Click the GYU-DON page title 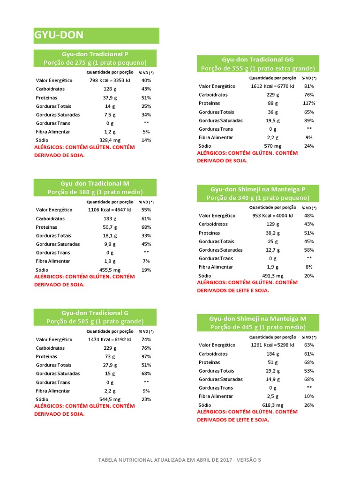tap(59, 36)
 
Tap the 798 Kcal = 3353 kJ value tap(110, 80)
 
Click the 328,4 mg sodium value tap(110, 140)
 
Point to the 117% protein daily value tap(309, 103)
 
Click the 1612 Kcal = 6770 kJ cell tap(272, 86)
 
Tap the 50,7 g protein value tap(110, 227)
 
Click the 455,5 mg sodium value tap(110, 270)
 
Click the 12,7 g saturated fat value tap(272, 250)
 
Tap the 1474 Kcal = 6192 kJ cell tap(110, 339)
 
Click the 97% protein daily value tap(146, 357)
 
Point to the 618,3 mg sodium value tap(272, 405)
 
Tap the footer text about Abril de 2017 tap(180, 460)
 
